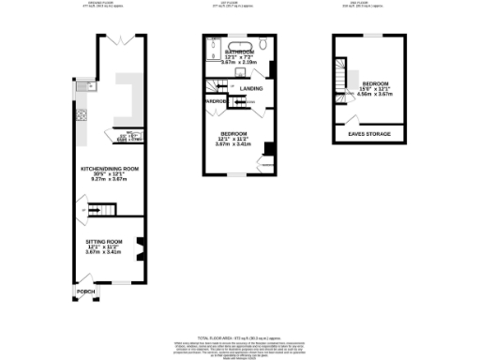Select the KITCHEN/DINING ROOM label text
pos(110,169)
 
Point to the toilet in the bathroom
pos(265,45)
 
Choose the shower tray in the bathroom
pos(212,51)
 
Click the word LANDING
pos(250,88)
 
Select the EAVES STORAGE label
pos(370,134)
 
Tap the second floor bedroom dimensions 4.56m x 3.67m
pos(376,93)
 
